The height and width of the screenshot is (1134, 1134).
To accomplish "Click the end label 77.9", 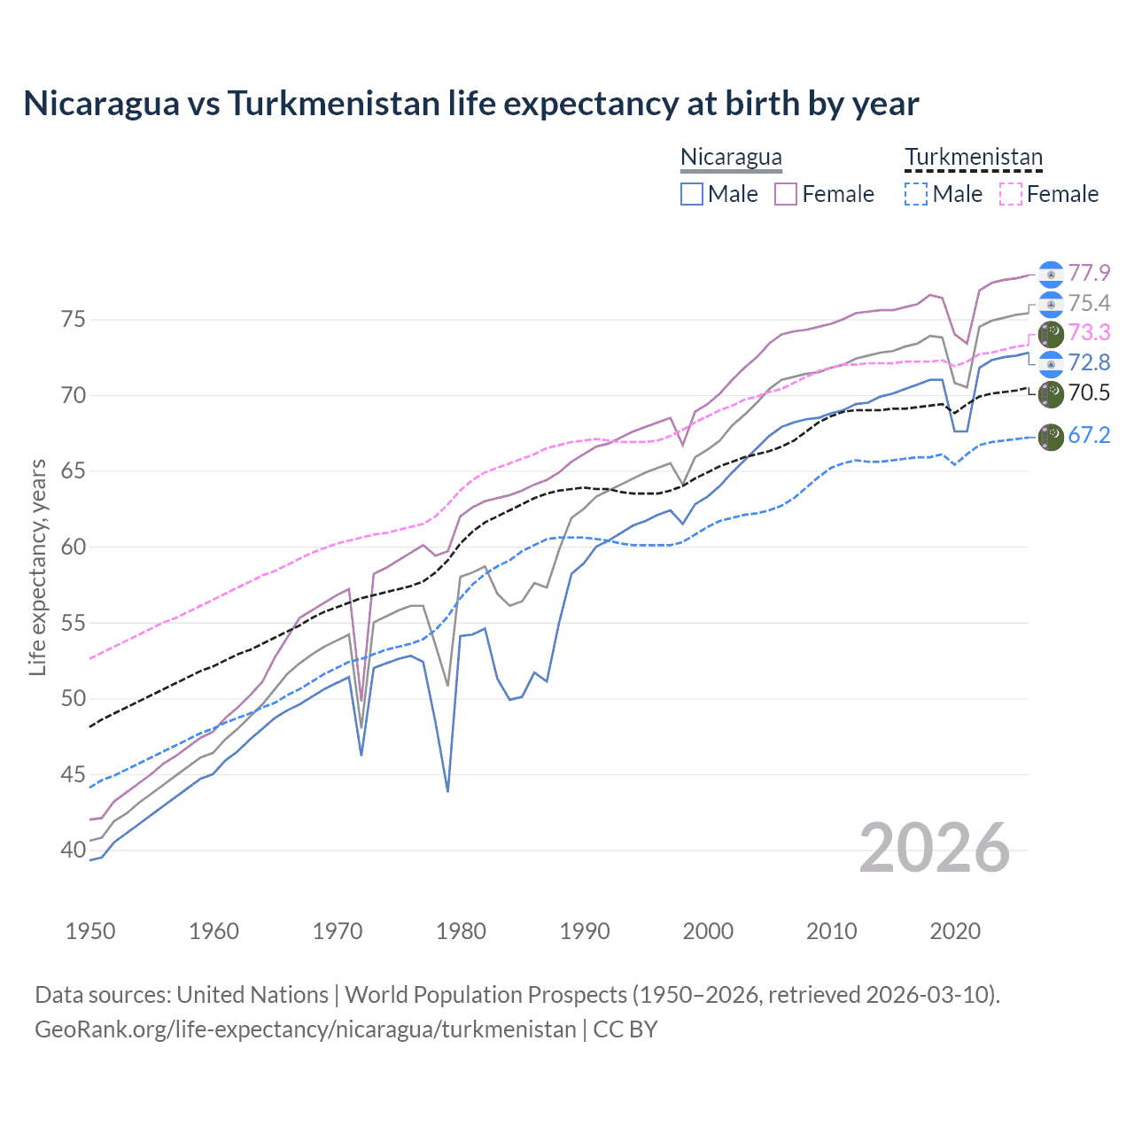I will click(1089, 273).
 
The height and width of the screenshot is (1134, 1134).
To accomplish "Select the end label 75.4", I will click(1089, 304).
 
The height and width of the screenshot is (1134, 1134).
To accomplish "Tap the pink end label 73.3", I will click(1089, 332).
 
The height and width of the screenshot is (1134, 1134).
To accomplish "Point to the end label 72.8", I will click(1089, 362).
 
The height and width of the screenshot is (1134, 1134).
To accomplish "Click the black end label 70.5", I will click(1089, 392).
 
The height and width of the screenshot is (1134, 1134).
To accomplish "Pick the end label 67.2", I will click(1089, 435).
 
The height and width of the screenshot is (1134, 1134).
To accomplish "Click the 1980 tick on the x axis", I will click(461, 931).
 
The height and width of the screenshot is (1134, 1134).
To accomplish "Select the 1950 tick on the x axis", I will click(90, 931).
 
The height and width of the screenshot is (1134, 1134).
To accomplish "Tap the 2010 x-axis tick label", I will click(831, 931).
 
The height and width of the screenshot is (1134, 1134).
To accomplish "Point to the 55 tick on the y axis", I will click(74, 623).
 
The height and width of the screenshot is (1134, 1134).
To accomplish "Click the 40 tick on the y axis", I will click(74, 850).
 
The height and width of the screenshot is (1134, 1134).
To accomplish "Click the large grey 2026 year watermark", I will click(934, 849).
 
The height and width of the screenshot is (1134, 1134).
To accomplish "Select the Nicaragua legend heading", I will click(731, 158).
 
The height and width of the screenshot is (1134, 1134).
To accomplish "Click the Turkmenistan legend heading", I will click(974, 158).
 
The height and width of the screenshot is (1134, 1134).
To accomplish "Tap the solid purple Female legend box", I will click(786, 194).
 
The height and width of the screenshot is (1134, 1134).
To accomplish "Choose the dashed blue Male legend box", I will click(916, 194).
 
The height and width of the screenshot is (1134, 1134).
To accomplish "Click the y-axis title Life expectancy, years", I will click(38, 567).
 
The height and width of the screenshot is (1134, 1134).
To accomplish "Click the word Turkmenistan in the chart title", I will click(333, 104).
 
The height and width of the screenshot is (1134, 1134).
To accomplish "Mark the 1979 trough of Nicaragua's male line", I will click(447, 790).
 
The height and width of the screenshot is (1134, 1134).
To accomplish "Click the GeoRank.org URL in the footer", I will click(306, 1029).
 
